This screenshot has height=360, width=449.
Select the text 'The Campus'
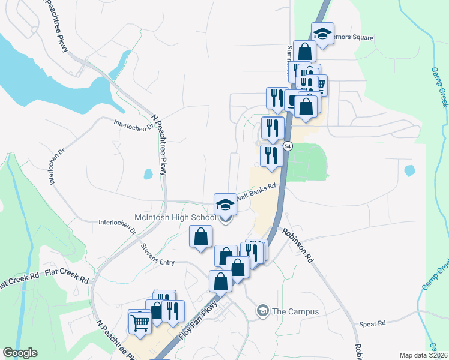pyautogui.click(x=295, y=311)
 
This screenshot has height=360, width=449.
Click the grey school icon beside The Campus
pyautogui.click(x=262, y=311)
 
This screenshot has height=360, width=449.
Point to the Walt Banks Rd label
pyautogui.click(x=256, y=193)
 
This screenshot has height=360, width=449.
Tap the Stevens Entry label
pyautogui.click(x=158, y=254)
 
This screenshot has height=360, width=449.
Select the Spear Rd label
pyautogui.click(x=372, y=324)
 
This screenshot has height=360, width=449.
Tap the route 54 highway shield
pyautogui.click(x=288, y=146)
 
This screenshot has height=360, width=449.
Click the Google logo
pyautogui.click(x=20, y=353)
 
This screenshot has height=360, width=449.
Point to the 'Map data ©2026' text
pyautogui.click(x=423, y=355)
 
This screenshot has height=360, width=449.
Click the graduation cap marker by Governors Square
pyautogui.click(x=322, y=33)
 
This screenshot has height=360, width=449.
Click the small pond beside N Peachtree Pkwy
pyautogui.click(x=148, y=175)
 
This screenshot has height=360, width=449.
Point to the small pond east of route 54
pyautogui.click(x=409, y=171)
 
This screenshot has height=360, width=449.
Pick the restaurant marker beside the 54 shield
pyautogui.click(x=271, y=155)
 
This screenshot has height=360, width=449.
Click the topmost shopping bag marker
pyautogui.click(x=305, y=51)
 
